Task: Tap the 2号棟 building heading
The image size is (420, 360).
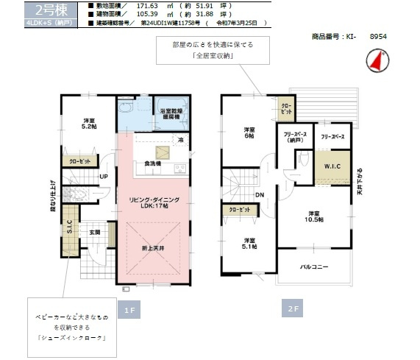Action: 38,10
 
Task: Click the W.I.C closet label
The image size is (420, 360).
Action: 330,165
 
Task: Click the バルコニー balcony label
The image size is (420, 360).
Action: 313,267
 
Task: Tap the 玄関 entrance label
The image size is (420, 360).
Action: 96,232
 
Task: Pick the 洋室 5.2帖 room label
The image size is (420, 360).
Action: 89,124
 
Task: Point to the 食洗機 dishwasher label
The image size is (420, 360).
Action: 153,163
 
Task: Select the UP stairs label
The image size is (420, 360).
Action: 104,177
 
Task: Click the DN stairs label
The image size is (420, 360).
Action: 260,194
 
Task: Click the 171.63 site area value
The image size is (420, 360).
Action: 148,5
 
